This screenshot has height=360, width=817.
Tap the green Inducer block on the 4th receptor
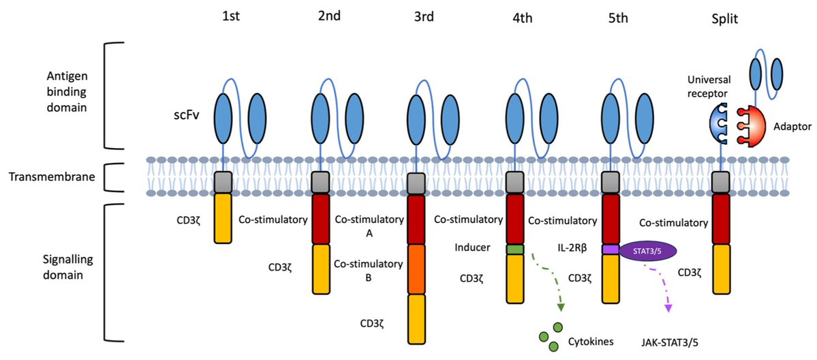click(x=514, y=250)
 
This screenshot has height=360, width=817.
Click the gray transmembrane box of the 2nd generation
click(x=321, y=183)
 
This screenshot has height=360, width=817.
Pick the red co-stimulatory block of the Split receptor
click(x=721, y=219)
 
